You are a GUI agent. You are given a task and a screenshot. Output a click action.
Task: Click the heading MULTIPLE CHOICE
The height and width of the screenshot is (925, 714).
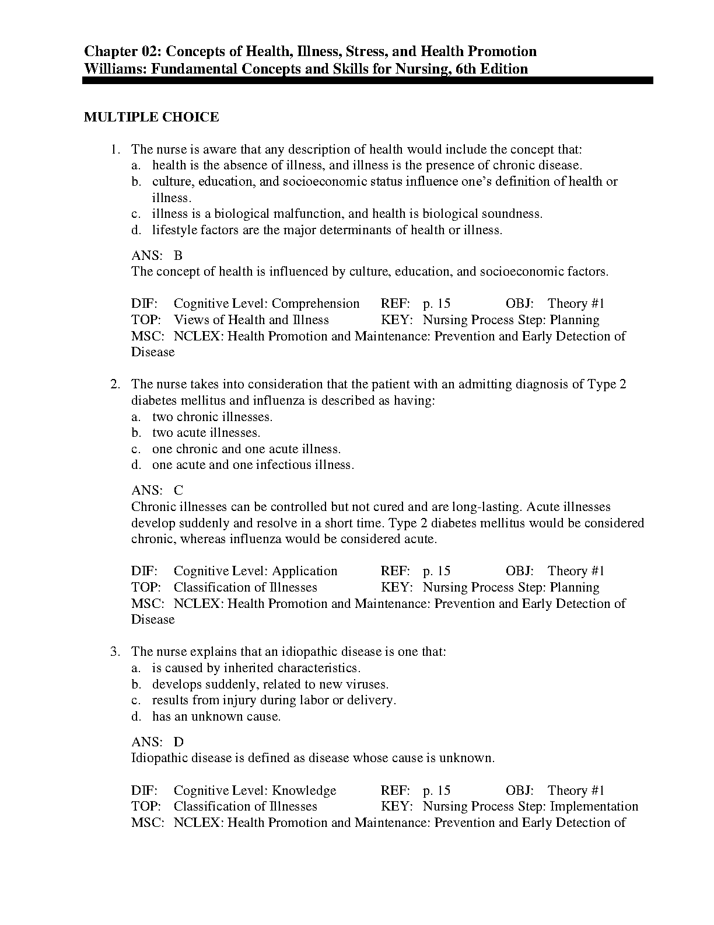tap(152, 117)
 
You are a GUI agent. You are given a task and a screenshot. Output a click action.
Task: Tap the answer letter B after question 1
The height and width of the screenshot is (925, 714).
tap(178, 255)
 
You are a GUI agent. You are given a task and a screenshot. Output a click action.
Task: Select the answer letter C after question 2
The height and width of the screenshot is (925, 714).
tap(178, 491)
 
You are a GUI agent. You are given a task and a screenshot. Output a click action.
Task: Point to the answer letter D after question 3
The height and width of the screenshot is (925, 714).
tap(178, 742)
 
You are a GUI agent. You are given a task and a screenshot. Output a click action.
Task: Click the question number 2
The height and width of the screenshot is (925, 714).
tap(116, 384)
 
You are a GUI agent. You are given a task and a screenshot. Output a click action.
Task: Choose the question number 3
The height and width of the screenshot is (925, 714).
tap(116, 652)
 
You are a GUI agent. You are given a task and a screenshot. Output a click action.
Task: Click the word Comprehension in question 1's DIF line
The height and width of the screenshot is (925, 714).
tap(316, 304)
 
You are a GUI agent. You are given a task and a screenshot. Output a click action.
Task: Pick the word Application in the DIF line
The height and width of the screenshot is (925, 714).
tap(304, 571)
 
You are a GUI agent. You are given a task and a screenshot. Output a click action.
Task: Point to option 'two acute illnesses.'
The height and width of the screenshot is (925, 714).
tap(206, 433)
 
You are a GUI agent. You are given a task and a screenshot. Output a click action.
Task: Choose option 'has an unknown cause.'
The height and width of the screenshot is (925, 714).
tap(216, 717)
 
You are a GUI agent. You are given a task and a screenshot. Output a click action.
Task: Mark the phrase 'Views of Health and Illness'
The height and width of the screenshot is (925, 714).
tap(251, 320)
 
